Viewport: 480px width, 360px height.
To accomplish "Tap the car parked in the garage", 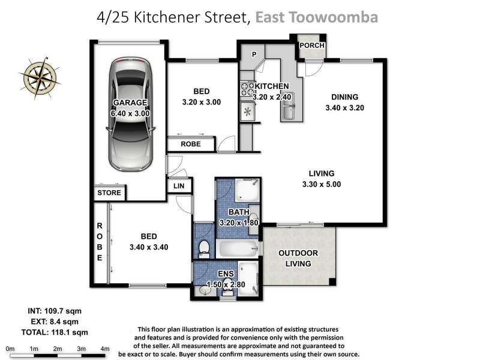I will click(x=130, y=114).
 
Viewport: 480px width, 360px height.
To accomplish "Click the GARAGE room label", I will click(x=130, y=108).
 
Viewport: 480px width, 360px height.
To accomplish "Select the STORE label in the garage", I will click(x=109, y=193).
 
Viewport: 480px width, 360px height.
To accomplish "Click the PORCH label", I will click(x=311, y=46).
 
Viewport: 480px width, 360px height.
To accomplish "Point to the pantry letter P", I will click(x=254, y=55).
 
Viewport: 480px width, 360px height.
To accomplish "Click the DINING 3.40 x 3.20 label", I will click(x=345, y=103).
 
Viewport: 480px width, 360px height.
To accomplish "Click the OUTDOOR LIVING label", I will click(x=298, y=259).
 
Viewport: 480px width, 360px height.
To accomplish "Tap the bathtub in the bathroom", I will click(x=238, y=248).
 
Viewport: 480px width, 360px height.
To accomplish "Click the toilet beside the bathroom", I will click(x=204, y=247).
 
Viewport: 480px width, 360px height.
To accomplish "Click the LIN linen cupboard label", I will click(x=179, y=187).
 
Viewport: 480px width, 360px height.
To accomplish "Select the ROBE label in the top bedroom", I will click(x=190, y=145).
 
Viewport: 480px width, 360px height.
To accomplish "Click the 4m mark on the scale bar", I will click(x=105, y=349).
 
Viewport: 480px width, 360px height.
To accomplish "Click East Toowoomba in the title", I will click(x=316, y=17).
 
